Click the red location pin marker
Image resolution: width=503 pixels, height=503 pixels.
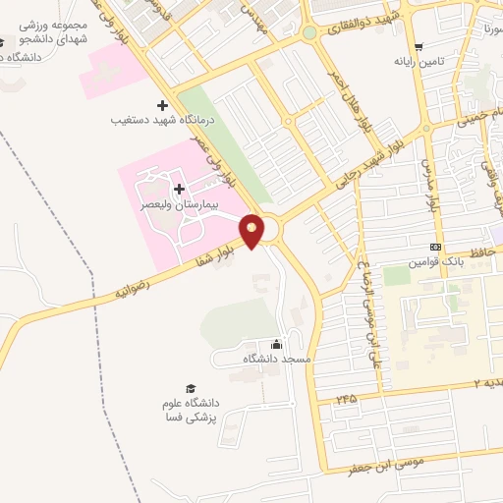(x=252, y=230)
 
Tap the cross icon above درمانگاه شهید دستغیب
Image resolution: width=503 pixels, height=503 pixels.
(x=162, y=105)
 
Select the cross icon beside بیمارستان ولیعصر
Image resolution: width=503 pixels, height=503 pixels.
(x=178, y=188)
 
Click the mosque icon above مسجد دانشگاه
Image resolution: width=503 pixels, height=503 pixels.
(x=276, y=344)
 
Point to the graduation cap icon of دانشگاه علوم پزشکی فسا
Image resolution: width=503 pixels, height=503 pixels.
(x=190, y=388)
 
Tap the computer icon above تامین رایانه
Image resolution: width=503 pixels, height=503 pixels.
(x=419, y=46)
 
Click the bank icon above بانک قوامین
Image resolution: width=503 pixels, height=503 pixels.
(x=435, y=247)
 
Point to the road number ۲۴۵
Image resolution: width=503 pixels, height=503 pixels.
(x=346, y=398)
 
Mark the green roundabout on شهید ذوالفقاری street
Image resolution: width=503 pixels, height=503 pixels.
(x=309, y=33)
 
